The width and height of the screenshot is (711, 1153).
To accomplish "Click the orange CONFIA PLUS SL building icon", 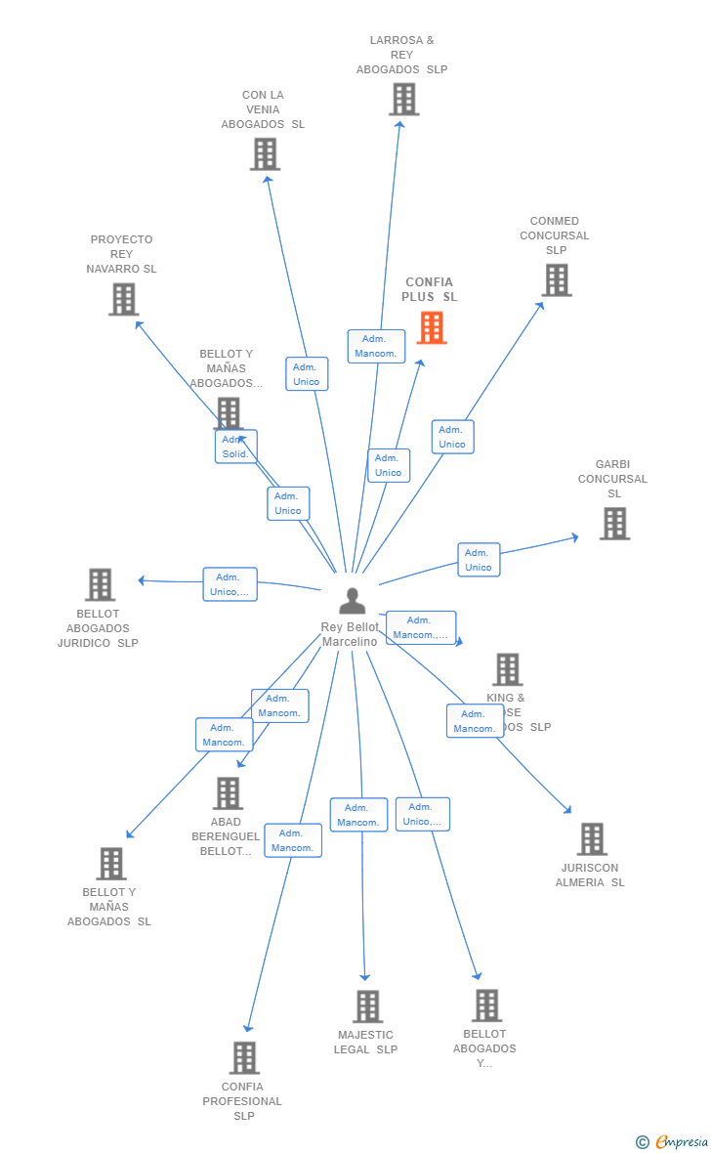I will [x=432, y=327].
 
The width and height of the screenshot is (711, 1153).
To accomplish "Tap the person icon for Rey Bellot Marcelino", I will [x=352, y=601].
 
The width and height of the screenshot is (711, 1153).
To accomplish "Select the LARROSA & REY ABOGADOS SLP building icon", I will [x=403, y=99].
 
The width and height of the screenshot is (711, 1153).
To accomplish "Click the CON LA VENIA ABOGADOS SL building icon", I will [x=265, y=154].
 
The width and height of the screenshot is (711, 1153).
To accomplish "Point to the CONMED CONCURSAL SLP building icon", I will [x=556, y=280].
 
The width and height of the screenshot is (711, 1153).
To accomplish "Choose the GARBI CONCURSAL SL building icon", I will [x=614, y=524].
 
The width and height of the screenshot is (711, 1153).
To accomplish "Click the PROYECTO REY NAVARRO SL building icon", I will [x=123, y=299].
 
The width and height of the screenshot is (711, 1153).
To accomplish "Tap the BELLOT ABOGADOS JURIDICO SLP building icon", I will [x=100, y=584].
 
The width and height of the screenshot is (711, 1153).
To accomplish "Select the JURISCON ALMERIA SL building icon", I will [x=591, y=838].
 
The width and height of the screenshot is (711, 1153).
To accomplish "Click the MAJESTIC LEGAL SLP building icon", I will [x=367, y=1005].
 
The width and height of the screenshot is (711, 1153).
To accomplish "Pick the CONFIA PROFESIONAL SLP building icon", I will [x=244, y=1057].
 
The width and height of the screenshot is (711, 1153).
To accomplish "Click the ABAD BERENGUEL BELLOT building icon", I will [x=228, y=792].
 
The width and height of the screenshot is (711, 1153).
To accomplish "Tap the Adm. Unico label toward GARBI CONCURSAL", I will [x=479, y=560].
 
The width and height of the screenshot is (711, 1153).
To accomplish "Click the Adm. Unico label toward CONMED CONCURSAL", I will [x=452, y=437].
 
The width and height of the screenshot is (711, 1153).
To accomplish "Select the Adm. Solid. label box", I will [x=236, y=447].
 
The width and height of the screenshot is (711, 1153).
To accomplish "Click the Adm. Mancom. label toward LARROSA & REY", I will [x=376, y=346].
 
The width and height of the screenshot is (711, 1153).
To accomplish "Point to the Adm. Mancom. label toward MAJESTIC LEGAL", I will [x=358, y=815].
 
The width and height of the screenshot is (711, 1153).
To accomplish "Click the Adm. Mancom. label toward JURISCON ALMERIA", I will [x=475, y=721].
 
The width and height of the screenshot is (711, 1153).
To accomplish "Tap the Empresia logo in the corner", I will [x=673, y=1141].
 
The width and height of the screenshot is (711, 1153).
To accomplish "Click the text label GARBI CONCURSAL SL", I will [x=612, y=479].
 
